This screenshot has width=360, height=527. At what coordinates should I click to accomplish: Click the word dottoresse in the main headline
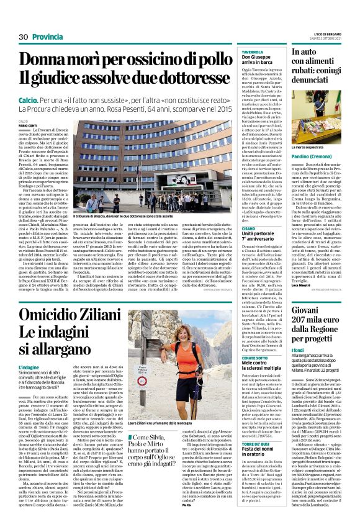[200, 78]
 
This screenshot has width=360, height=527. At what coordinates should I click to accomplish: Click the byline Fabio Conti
[27, 125]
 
